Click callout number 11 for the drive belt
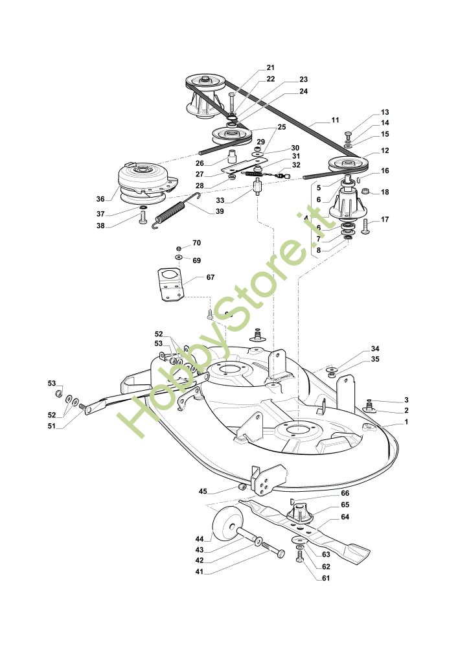point(335,121)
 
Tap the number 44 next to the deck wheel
point(200,539)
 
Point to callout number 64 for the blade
point(345,516)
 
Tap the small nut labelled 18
point(367,192)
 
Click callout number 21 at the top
point(270,67)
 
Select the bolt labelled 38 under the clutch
point(143,218)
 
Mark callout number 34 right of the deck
point(375,349)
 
